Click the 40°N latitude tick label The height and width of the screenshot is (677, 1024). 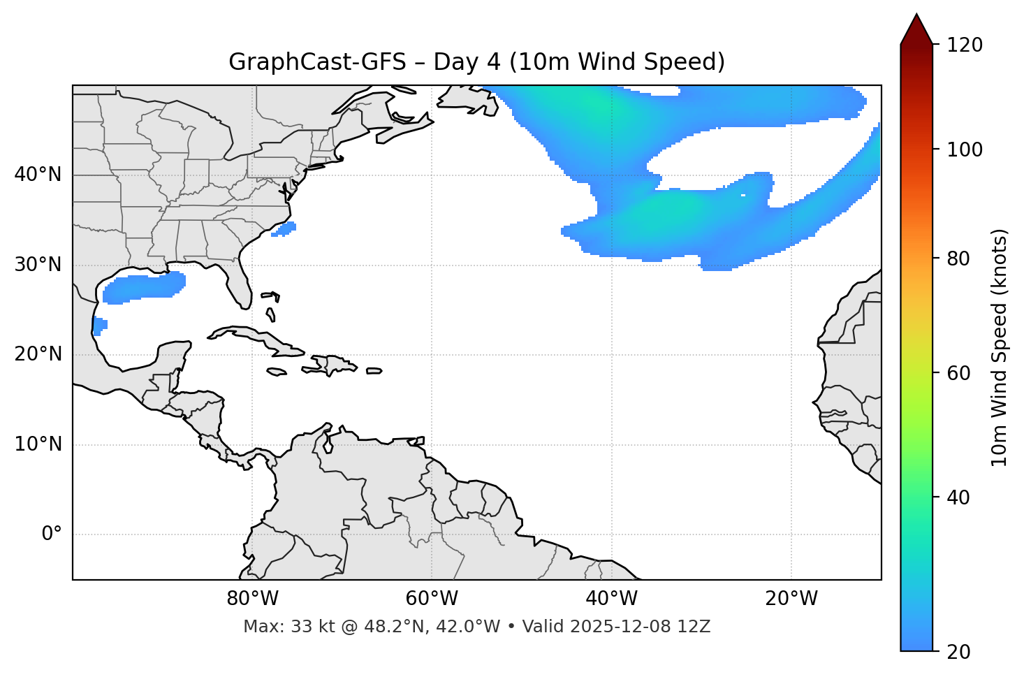pyautogui.click(x=38, y=175)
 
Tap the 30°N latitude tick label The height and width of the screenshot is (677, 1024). pyautogui.click(x=38, y=265)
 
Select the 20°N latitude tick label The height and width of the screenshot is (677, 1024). pyautogui.click(x=38, y=354)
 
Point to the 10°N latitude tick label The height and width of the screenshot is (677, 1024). pyautogui.click(x=38, y=444)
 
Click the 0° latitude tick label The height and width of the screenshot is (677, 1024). pyautogui.click(x=52, y=534)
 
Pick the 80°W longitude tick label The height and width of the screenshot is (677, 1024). pyautogui.click(x=252, y=599)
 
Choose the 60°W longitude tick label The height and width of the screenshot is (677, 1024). pyautogui.click(x=432, y=599)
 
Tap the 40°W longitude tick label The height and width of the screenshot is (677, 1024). pyautogui.click(x=611, y=599)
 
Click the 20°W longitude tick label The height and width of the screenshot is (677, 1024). pyautogui.click(x=791, y=599)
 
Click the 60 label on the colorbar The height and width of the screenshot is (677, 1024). pyautogui.click(x=961, y=373)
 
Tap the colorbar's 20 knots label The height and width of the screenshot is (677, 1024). pyautogui.click(x=961, y=652)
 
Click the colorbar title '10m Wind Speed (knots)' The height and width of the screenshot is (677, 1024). pyautogui.click(x=1000, y=347)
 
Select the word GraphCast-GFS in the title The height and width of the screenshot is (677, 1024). pyautogui.click(x=317, y=62)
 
